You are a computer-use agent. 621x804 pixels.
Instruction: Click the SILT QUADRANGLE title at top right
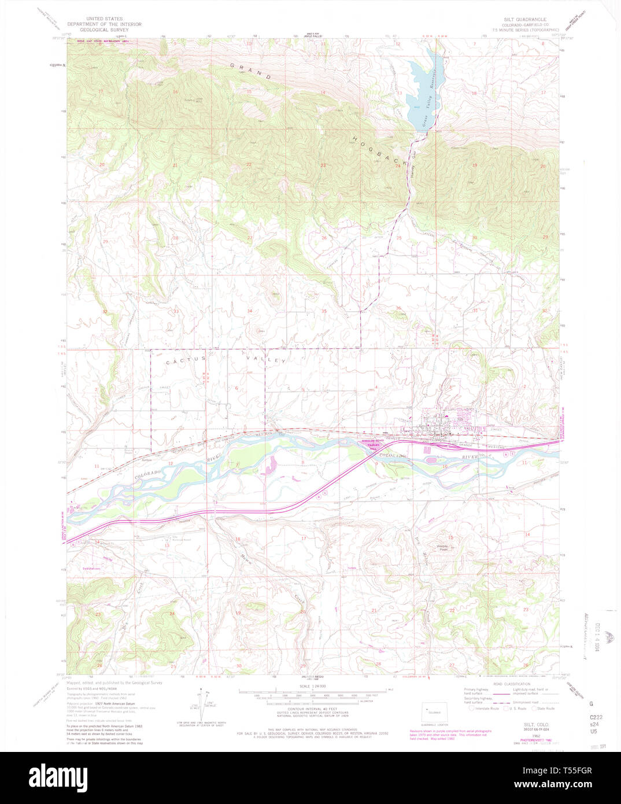coord(524,20)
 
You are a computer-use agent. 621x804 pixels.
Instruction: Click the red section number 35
coord(324,311)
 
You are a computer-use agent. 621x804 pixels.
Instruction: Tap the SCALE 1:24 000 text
coord(313,686)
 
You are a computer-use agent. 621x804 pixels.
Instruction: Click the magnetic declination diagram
coord(200,703)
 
